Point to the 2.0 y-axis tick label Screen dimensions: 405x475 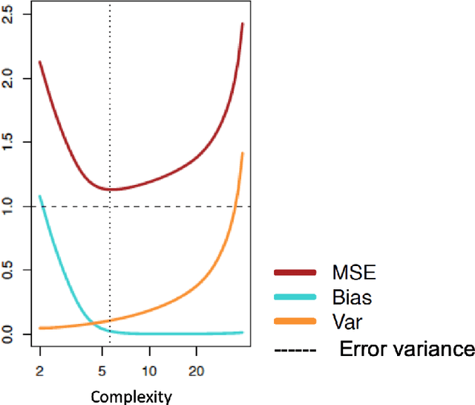click(7, 78)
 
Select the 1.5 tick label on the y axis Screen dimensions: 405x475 click(7, 142)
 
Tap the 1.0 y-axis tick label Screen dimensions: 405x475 click(7, 206)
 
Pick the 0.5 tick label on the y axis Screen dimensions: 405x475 click(7, 270)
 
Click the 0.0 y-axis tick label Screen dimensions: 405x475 click(7, 334)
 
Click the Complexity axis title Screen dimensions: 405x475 click(131, 396)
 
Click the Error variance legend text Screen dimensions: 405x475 click(407, 349)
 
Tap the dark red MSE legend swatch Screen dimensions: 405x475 click(296, 274)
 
